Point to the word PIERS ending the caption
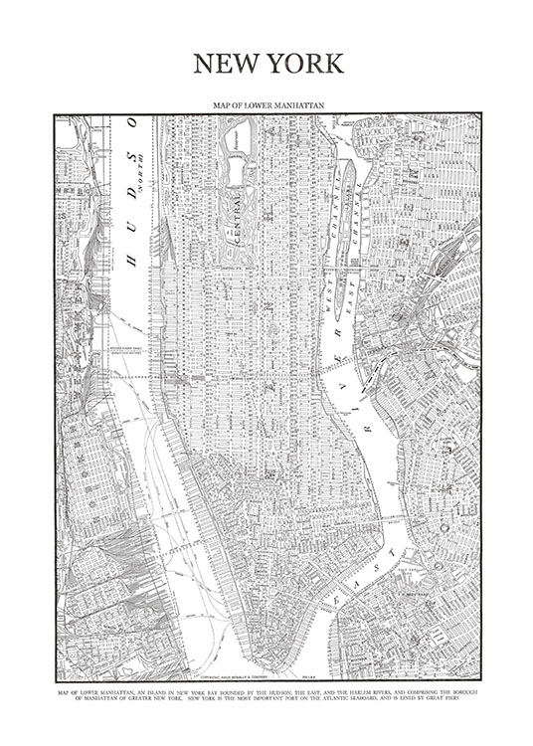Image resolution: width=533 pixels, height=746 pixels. (x=467, y=694)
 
